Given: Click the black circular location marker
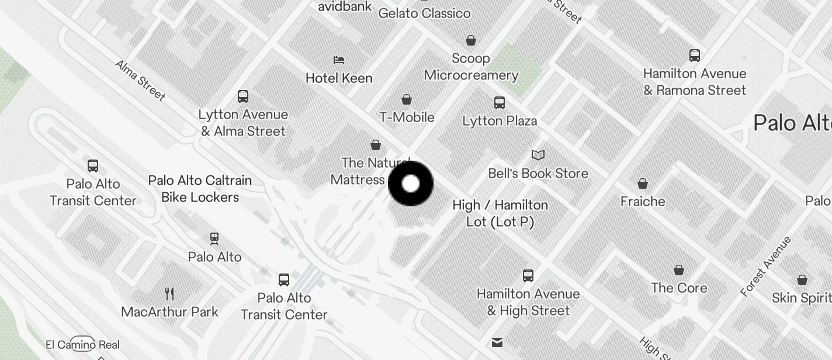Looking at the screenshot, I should (411, 184).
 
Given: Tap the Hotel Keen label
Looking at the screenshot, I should (339, 78).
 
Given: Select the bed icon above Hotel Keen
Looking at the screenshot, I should (339, 60).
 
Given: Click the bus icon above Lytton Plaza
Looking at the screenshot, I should (500, 103).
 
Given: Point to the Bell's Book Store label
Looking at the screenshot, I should (538, 174).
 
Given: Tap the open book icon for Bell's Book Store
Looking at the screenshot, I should (538, 155).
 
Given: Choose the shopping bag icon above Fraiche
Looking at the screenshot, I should (643, 184).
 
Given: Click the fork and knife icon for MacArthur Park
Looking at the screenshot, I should (169, 293).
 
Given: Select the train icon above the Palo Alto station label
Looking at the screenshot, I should (214, 238).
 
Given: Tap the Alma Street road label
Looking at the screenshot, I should (140, 80).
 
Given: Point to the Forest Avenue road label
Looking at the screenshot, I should (765, 266).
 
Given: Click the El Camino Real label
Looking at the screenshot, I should (82, 344).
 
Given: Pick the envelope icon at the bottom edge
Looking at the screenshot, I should (497, 342).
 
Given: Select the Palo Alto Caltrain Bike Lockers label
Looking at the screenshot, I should (200, 189).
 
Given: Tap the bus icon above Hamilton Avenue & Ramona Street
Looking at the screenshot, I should (695, 56).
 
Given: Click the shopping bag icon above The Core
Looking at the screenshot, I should (679, 270).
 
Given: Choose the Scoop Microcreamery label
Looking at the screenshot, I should (471, 67).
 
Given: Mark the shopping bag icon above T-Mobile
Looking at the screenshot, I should (407, 99).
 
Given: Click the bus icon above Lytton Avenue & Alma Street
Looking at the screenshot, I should (243, 96).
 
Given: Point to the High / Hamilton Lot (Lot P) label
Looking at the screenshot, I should (500, 213).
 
